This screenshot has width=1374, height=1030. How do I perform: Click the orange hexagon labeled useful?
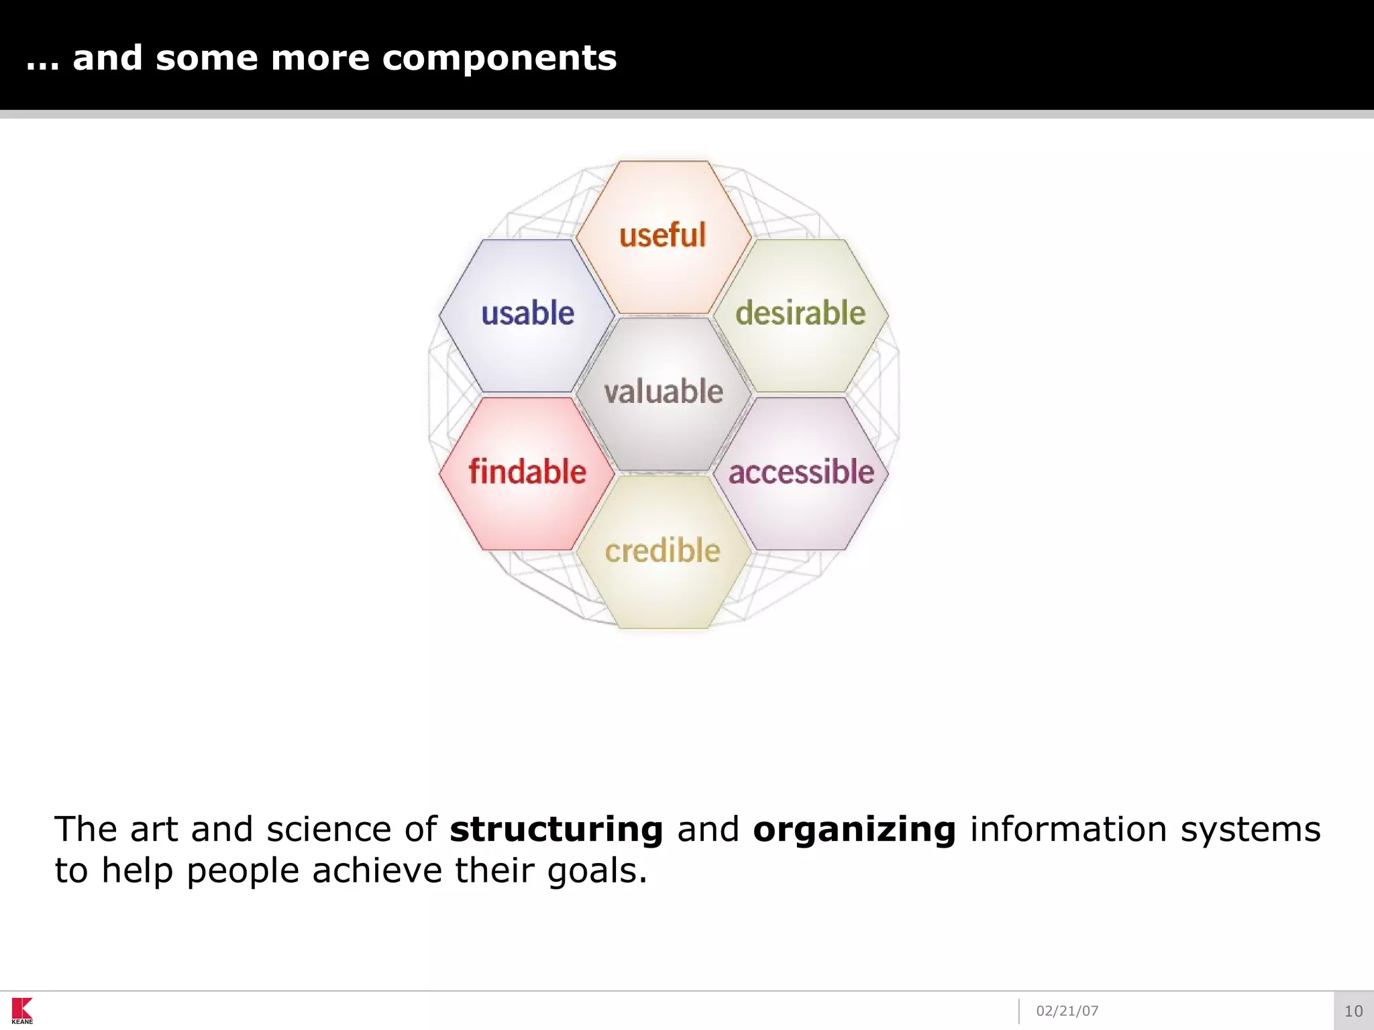click(663, 236)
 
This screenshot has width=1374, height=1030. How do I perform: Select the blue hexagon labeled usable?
click(527, 315)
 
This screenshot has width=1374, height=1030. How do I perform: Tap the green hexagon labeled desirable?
click(800, 315)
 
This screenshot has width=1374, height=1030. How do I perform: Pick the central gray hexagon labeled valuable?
click(664, 394)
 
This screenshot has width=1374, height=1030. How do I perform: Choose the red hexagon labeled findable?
click(527, 473)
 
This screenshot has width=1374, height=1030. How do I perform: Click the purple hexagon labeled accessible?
click(801, 473)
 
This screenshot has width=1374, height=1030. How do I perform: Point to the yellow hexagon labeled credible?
click(663, 552)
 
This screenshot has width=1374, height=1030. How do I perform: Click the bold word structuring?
click(556, 829)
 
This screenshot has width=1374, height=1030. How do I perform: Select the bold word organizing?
click(854, 829)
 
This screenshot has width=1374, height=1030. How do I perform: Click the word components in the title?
click(499, 58)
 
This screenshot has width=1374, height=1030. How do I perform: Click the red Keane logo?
click(22, 1010)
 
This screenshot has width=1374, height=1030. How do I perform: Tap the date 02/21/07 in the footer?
click(1067, 1011)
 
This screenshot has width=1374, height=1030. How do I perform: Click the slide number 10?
click(1353, 1011)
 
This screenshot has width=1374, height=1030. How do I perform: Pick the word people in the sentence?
click(242, 871)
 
